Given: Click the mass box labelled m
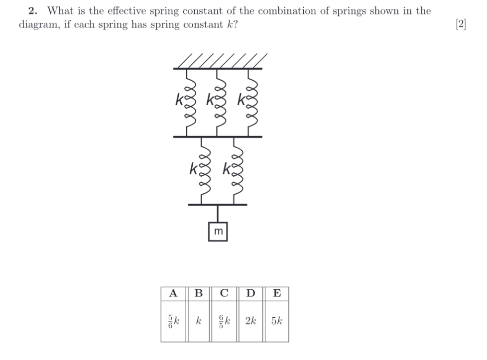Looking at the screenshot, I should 218,232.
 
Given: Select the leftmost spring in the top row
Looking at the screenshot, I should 188,102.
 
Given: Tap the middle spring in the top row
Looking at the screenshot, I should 218,102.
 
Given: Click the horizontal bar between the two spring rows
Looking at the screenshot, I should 218,136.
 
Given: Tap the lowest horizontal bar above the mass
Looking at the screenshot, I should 218,204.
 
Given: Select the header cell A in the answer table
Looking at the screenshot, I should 173,293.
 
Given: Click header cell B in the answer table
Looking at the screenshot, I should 198,293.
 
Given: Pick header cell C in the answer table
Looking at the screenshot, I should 224,293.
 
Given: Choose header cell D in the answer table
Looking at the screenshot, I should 250,293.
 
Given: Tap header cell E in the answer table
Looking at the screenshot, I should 276,293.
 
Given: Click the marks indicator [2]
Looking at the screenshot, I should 461,24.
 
